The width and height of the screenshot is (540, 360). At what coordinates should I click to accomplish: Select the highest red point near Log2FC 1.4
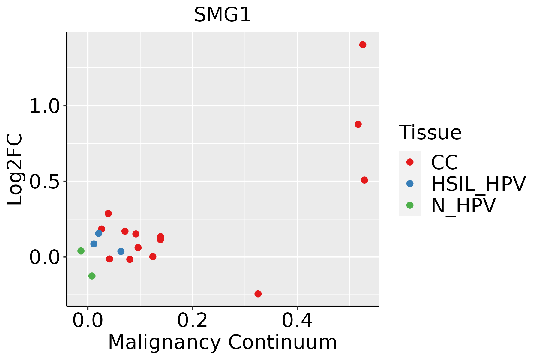(x=363, y=45)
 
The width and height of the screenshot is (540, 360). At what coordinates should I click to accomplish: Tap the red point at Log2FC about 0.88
(x=358, y=124)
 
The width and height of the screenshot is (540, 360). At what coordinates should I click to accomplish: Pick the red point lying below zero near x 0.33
(x=258, y=294)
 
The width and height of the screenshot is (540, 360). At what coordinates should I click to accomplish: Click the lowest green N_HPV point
(x=92, y=276)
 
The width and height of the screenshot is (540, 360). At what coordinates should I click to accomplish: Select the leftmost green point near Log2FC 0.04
(x=81, y=251)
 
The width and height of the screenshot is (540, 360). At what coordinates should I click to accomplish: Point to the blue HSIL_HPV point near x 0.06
(x=121, y=251)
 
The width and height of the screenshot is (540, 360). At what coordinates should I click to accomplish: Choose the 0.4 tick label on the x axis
(x=297, y=321)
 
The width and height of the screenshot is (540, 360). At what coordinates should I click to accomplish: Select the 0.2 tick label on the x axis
(x=192, y=321)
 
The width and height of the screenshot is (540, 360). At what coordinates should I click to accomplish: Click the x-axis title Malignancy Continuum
(x=222, y=342)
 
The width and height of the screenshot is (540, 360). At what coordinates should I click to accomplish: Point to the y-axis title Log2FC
(x=15, y=169)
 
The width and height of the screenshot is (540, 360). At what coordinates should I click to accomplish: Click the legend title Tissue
(x=430, y=132)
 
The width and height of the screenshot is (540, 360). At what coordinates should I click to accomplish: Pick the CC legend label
(x=445, y=162)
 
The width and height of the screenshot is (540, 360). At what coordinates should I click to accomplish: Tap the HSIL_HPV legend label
(x=478, y=184)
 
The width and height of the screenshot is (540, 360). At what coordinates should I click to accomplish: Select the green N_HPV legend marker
(x=410, y=205)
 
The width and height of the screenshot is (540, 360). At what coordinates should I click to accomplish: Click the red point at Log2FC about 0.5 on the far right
(x=364, y=180)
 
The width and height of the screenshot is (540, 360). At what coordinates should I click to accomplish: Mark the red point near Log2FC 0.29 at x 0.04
(x=108, y=214)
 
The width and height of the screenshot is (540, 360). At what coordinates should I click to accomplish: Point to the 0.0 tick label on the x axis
(x=88, y=321)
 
